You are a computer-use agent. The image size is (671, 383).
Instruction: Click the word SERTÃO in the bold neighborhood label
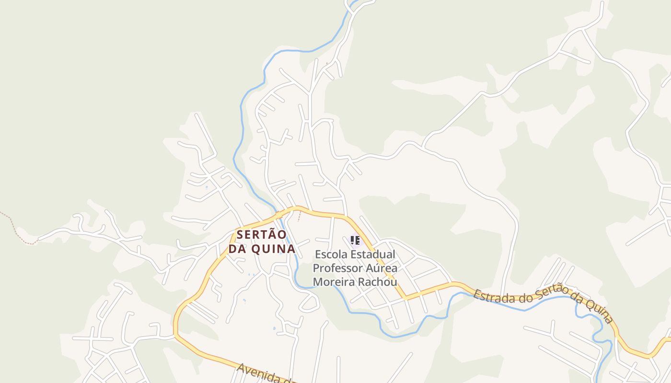point(261,235)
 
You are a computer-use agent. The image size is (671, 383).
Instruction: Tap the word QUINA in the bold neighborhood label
point(274,249)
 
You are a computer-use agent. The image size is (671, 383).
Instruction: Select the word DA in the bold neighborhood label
point(238,249)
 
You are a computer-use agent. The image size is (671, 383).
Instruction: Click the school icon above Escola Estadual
point(355,240)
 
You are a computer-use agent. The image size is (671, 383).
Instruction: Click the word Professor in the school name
point(334,268)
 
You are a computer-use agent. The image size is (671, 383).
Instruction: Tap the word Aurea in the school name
point(378,268)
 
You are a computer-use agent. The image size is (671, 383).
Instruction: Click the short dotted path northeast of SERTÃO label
point(300,216)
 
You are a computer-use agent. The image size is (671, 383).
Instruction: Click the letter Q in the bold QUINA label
point(256,249)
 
